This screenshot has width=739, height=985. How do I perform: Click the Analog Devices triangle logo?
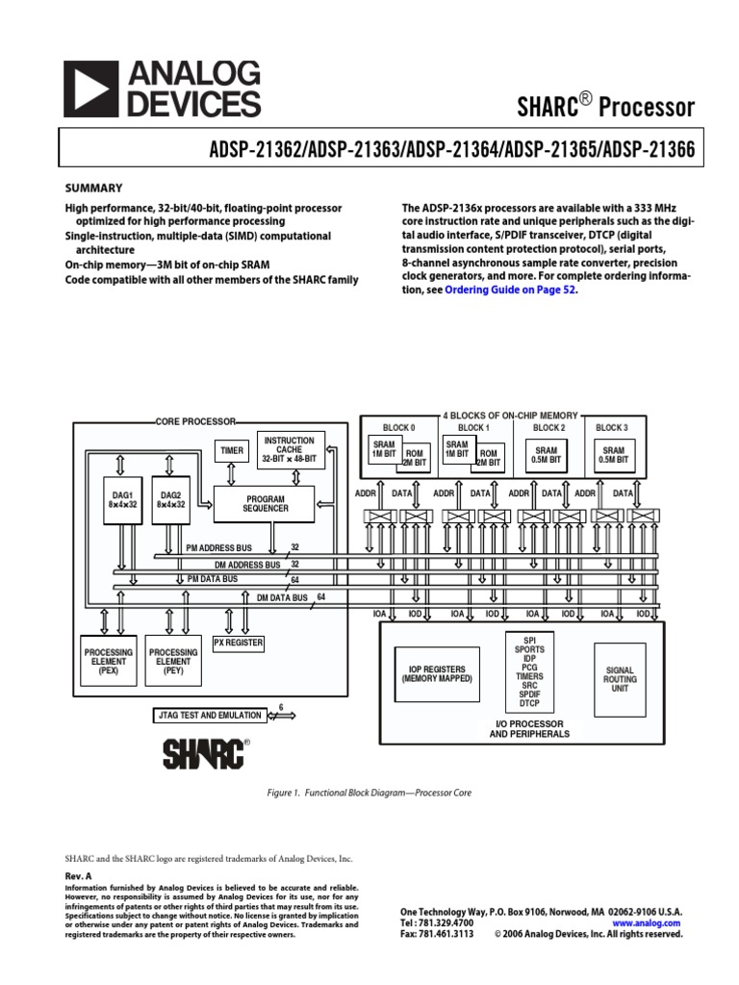click(92, 89)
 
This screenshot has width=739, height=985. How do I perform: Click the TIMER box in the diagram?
click(231, 449)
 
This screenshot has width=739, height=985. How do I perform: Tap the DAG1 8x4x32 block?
click(120, 500)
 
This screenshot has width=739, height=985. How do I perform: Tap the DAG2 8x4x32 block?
click(169, 500)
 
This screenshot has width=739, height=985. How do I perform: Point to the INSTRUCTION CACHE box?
click(289, 449)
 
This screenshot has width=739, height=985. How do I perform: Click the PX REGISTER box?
click(239, 643)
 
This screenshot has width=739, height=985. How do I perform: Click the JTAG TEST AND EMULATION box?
click(208, 716)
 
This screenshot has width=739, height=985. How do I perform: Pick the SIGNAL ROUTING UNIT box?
click(620, 679)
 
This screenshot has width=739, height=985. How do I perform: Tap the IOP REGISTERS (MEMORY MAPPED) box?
click(436, 673)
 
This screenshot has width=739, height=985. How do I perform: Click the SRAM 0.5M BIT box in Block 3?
click(613, 455)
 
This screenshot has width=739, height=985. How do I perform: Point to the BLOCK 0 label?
click(398, 428)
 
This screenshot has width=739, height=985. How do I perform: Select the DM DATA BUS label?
click(282, 597)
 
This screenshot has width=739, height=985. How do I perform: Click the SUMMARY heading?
click(93, 188)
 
